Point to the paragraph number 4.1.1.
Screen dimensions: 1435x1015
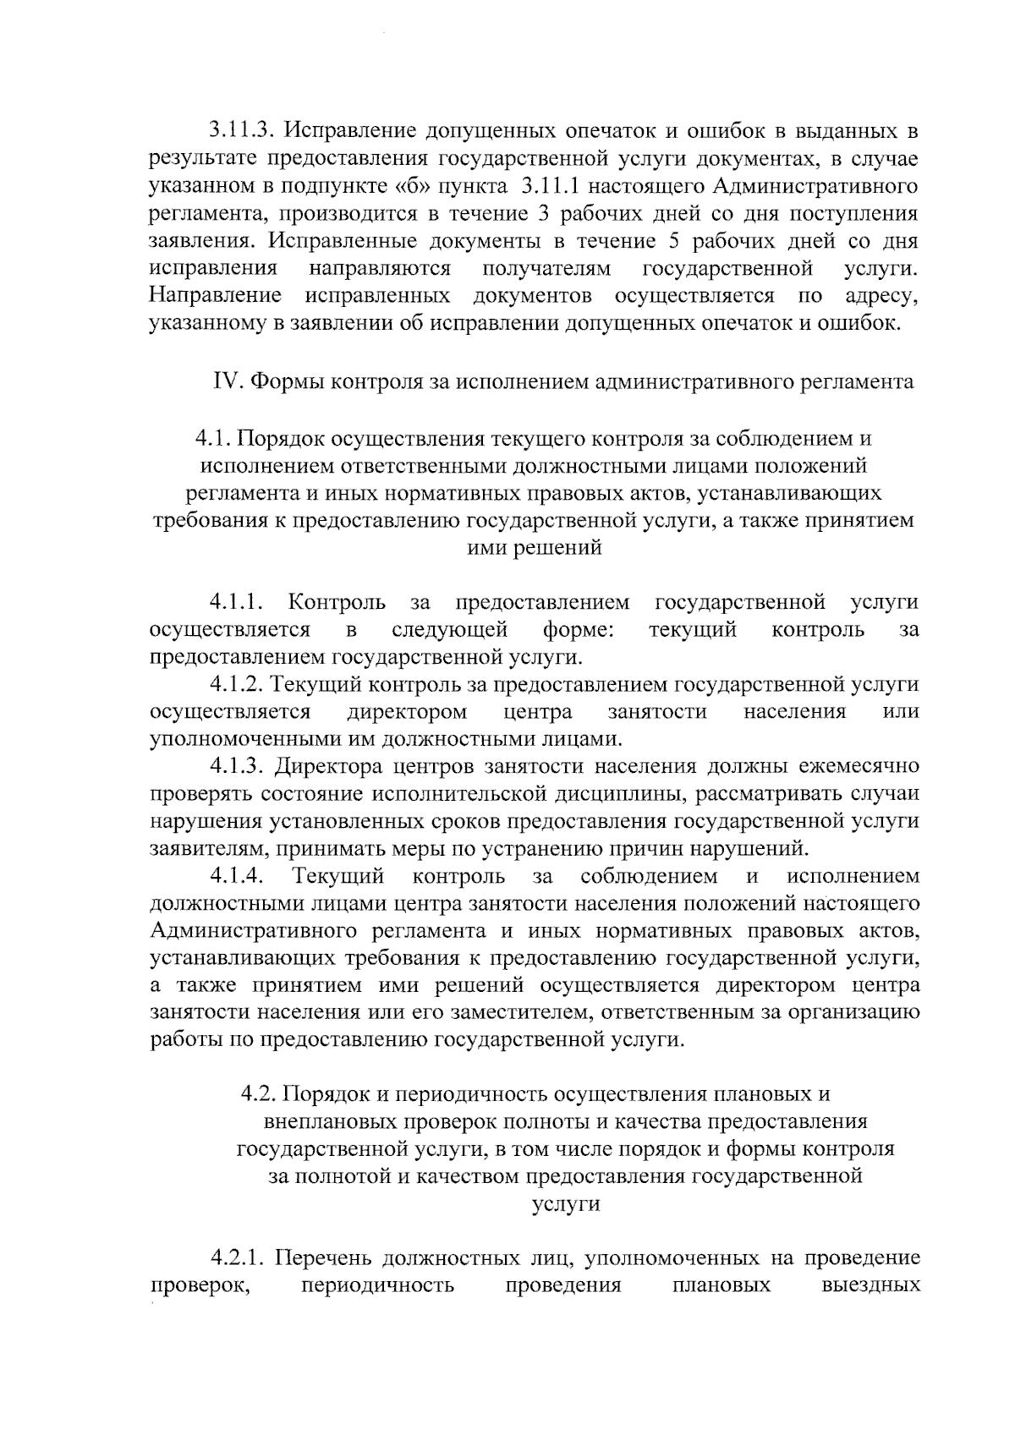tap(239, 603)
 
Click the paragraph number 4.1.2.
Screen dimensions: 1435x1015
tap(239, 684)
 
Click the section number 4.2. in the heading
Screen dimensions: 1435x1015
tap(259, 1094)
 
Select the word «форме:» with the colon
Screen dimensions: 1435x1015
tap(579, 630)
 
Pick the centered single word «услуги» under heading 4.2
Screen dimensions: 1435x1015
tap(566, 1204)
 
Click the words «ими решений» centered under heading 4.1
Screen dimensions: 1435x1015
tap(535, 548)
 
